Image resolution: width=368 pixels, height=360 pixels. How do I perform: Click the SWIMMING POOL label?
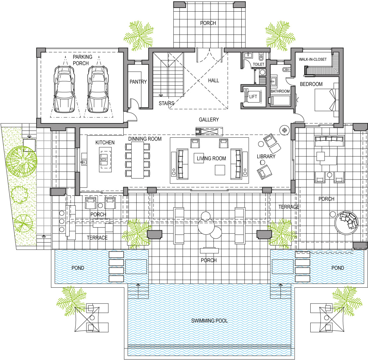[209, 321]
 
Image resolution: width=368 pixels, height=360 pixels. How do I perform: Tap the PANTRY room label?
[138, 82]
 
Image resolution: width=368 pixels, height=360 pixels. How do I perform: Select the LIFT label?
[253, 97]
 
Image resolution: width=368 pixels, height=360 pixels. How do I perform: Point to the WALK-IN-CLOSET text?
[313, 59]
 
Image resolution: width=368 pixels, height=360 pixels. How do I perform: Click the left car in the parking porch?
[64, 89]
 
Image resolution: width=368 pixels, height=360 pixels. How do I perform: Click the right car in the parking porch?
[97, 89]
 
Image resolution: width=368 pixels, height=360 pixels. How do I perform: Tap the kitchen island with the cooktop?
[105, 160]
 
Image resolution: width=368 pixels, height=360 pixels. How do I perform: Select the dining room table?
[138, 160]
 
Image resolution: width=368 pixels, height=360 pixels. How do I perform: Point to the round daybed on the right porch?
[346, 223]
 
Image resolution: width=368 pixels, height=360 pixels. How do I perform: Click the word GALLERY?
[209, 119]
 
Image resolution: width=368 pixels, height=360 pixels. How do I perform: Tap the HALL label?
[213, 81]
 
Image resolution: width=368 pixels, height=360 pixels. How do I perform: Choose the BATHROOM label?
[280, 91]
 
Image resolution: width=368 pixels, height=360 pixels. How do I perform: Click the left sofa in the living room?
[182, 164]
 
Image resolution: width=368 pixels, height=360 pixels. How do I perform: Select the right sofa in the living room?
[236, 164]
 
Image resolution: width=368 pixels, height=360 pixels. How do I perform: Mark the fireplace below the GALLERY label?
[209, 131]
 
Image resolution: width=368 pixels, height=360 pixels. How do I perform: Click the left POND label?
[78, 268]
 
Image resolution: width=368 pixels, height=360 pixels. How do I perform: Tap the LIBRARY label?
[266, 156]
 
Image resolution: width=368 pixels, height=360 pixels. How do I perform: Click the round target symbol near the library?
[284, 130]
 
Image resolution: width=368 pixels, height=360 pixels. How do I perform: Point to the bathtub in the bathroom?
[280, 100]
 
